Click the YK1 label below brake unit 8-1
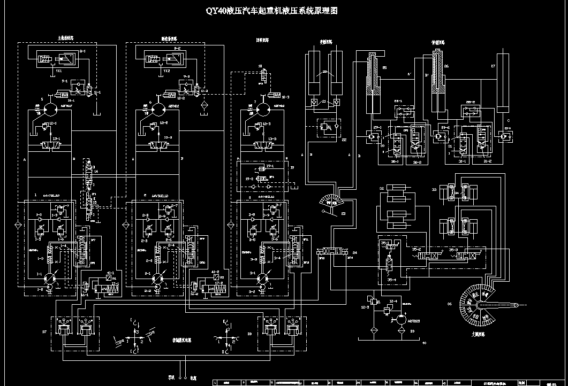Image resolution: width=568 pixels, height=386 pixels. coord(58,70)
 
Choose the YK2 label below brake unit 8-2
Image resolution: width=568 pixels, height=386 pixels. coord(166,70)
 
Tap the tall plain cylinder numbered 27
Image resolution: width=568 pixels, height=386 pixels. coord(503,83)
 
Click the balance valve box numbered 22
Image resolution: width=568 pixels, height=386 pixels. coord(327,128)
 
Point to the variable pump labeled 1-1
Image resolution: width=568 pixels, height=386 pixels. coord(49,278)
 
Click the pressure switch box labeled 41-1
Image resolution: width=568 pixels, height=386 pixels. coord(109,277)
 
